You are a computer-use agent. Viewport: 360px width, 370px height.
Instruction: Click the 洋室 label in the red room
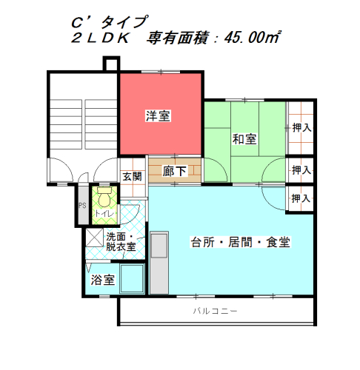[158, 116]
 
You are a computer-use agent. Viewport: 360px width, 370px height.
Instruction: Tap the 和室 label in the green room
[244, 139]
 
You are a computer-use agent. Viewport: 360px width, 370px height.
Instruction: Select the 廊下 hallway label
[174, 171]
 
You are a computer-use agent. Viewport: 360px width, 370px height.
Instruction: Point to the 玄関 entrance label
[133, 177]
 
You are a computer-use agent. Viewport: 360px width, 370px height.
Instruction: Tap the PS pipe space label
[82, 205]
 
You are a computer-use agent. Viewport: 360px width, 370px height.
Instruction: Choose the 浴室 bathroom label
[103, 280]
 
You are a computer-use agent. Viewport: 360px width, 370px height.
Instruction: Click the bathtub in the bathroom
[132, 279]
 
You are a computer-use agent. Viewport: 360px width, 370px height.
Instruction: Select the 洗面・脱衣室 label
[121, 242]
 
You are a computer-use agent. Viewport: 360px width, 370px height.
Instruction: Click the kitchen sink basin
[159, 246]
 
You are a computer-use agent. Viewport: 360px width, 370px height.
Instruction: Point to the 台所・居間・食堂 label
[241, 242]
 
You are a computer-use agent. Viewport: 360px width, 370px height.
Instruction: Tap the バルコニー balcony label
[215, 311]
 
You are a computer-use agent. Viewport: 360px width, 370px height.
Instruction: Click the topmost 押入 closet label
[301, 128]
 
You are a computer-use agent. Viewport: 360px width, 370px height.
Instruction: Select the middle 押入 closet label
[301, 170]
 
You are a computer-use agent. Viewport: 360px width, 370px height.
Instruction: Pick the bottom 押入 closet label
[301, 198]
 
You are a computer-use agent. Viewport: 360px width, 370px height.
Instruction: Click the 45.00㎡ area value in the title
[253, 38]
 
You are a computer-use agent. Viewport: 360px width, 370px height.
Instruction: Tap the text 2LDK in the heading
[101, 38]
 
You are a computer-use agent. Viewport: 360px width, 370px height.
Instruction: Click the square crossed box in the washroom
[95, 238]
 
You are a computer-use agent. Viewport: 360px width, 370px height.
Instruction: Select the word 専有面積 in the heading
[177, 38]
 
